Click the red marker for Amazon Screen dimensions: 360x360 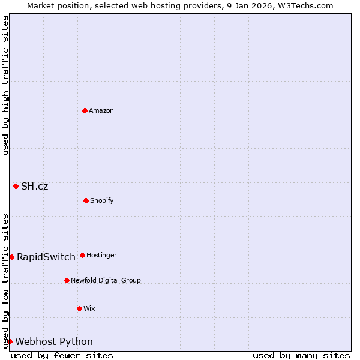[x=85, y=110]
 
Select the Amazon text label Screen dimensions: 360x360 [x=101, y=111]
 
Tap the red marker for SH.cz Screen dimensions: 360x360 [x=16, y=186]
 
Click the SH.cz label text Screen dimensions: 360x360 [x=34, y=187]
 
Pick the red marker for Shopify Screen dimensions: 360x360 [x=86, y=200]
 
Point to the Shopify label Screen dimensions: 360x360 [x=102, y=201]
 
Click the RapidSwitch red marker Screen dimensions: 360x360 [x=11, y=257]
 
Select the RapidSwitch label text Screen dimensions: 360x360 [x=46, y=257]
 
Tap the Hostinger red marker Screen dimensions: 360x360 [x=82, y=255]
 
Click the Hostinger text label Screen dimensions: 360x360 [x=101, y=256]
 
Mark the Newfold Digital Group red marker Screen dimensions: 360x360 [x=67, y=280]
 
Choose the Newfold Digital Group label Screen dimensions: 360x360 [x=106, y=281]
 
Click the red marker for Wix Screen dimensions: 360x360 [x=79, y=308]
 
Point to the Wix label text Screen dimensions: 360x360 [x=89, y=309]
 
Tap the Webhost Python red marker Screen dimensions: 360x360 [x=10, y=341]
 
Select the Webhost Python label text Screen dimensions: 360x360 [x=54, y=342]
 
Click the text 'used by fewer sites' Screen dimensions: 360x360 [x=62, y=356]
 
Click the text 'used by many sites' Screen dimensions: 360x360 [x=301, y=356]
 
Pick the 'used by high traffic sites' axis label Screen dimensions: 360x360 [x=5, y=85]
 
